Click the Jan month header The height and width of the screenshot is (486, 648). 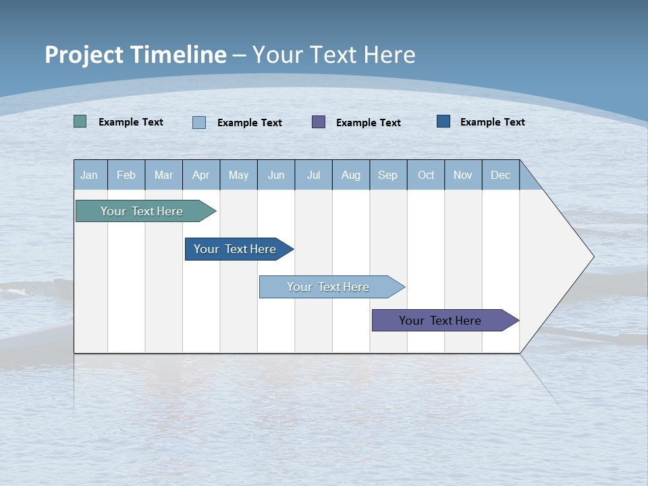pos(90,175)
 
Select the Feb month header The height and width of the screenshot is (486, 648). pos(126,175)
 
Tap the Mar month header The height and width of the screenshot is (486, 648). pos(163,175)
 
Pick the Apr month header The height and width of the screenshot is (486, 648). pos(201,175)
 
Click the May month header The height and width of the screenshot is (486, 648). pos(238,175)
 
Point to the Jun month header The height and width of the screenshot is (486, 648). pos(276,175)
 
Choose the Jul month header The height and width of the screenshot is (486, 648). pos(313,175)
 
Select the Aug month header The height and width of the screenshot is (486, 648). pos(351,175)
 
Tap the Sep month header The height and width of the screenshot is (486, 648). pos(388,175)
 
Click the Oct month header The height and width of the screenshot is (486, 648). pos(426,175)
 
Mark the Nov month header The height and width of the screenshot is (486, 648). pos(463,175)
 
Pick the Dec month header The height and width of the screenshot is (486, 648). pos(501,175)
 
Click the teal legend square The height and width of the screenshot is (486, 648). pos(80,122)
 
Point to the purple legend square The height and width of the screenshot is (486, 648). pos(319,122)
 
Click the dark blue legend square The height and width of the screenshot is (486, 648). pos(443,122)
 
